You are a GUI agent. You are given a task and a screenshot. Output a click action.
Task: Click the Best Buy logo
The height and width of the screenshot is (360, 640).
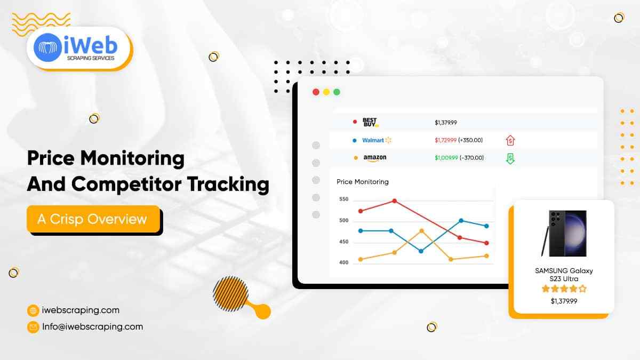pos(370,123)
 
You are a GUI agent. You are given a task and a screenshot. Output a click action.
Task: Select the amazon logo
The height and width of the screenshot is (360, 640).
pos(374,158)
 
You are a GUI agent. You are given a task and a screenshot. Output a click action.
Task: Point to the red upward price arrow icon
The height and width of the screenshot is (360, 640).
pos(510,140)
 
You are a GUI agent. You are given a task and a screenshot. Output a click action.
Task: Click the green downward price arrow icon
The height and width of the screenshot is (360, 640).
pos(510,158)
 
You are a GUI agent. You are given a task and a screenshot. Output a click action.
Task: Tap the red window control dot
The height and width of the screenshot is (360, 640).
pos(316,92)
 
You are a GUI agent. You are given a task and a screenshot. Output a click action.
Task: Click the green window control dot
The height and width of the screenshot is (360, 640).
pos(337,92)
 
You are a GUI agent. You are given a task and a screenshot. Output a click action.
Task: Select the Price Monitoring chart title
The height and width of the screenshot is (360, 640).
pos(363,182)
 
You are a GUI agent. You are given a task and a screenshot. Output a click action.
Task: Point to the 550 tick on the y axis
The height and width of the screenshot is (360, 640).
pos(343,199)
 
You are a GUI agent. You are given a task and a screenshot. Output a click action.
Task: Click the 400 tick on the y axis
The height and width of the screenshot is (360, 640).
pos(343,262)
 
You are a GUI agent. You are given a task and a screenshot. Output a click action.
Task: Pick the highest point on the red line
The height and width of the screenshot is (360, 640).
pos(394,201)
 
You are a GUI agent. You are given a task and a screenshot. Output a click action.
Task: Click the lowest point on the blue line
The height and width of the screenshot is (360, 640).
pos(421,251)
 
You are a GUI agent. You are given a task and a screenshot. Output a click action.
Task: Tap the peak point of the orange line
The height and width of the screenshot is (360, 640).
pos(422,231)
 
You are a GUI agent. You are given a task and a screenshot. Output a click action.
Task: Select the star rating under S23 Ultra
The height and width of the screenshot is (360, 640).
pos(564,289)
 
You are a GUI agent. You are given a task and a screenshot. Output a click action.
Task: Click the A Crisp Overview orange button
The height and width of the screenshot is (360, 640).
pos(93,219)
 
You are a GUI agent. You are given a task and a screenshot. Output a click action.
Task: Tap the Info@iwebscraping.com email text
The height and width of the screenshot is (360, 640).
pos(93,327)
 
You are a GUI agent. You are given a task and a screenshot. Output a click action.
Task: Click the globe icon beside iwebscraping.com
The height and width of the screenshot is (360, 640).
pos(33,310)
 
